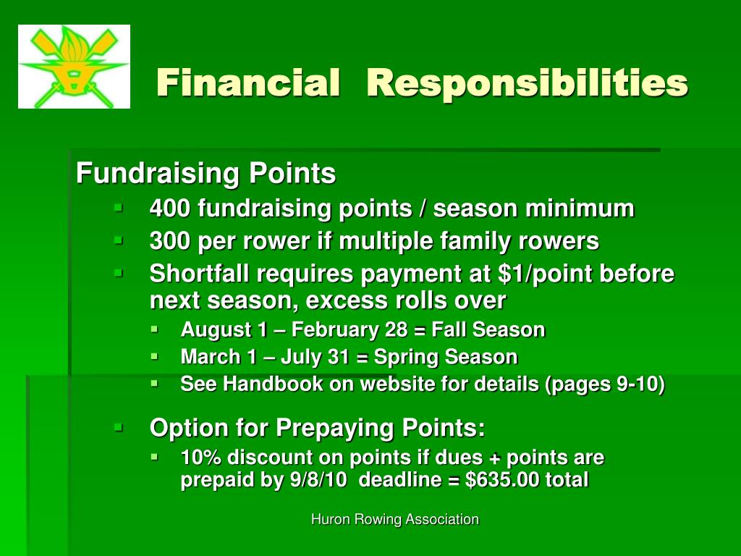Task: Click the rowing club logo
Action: pyautogui.click(x=75, y=67)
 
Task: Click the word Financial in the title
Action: pyautogui.click(x=248, y=83)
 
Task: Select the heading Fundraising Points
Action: pyautogui.click(x=206, y=173)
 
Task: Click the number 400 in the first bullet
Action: pyautogui.click(x=170, y=208)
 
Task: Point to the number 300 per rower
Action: pyautogui.click(x=170, y=241)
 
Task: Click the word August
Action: pyautogui.click(x=216, y=330)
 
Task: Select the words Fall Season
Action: pyautogui.click(x=488, y=330)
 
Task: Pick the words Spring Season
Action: pyautogui.click(x=446, y=358)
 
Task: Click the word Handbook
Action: pyautogui.click(x=273, y=384)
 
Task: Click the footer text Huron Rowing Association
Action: pyautogui.click(x=395, y=520)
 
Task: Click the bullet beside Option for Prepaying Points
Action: pyautogui.click(x=118, y=429)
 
